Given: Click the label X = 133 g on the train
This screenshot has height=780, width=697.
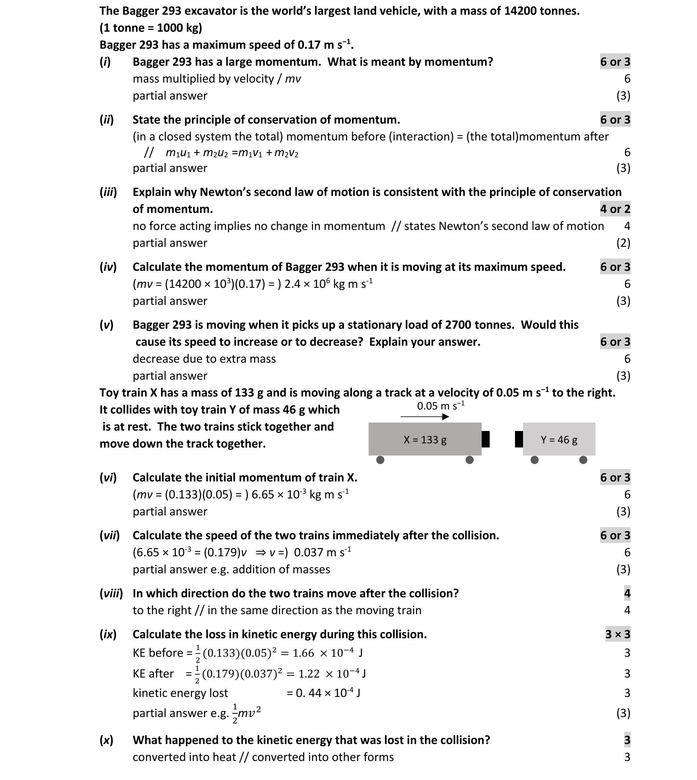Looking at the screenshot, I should click(x=425, y=440).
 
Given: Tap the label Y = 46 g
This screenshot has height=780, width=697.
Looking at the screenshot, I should click(x=559, y=440).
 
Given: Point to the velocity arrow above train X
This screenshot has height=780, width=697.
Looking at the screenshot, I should click(x=425, y=416).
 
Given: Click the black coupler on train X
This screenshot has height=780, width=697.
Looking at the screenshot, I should click(x=485, y=439).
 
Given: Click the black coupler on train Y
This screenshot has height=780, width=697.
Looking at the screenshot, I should click(x=519, y=439).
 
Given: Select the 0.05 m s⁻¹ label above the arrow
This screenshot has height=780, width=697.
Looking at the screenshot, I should click(x=441, y=406).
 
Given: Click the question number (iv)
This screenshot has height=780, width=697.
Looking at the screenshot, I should click(x=108, y=267).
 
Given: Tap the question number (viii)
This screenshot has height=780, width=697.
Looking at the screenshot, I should click(x=111, y=593).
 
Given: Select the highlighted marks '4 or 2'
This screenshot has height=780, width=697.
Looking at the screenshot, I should click(x=615, y=209).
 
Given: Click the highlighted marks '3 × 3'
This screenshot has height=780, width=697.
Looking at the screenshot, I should click(x=618, y=634).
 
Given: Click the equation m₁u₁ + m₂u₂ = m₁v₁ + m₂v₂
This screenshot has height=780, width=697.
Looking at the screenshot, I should click(x=232, y=153).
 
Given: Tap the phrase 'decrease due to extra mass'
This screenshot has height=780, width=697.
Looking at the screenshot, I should click(x=204, y=359).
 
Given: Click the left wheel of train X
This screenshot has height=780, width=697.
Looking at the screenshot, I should click(x=380, y=460).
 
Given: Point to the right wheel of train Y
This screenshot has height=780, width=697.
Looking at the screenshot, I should click(x=583, y=460).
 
